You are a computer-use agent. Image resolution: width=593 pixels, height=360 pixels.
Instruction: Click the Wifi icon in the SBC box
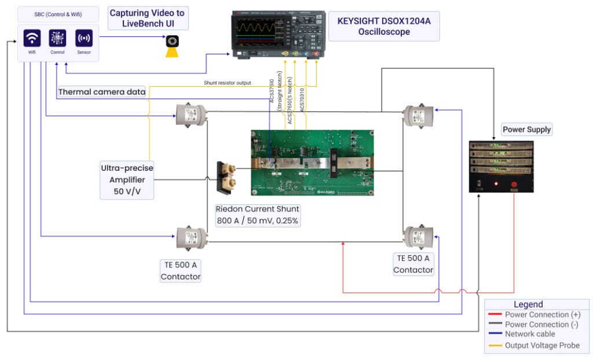(x=32, y=39)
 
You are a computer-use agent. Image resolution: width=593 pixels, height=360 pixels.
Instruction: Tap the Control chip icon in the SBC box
(x=57, y=39)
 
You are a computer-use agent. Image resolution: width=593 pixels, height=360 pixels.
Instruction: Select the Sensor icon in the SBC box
(x=84, y=39)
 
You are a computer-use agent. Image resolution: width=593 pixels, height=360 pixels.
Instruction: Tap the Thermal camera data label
(x=102, y=91)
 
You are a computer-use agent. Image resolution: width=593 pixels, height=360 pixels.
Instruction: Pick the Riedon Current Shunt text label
(x=258, y=215)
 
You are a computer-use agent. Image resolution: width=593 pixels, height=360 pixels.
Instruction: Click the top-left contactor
(x=192, y=114)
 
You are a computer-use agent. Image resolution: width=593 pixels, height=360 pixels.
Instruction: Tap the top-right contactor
(x=418, y=114)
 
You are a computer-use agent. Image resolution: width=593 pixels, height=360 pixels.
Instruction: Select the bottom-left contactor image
(x=192, y=237)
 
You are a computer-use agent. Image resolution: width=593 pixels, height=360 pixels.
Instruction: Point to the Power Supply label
(x=526, y=129)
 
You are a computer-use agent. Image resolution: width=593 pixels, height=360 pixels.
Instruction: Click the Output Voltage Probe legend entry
(x=542, y=346)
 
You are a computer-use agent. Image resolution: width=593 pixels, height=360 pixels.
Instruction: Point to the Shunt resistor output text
(x=227, y=83)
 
